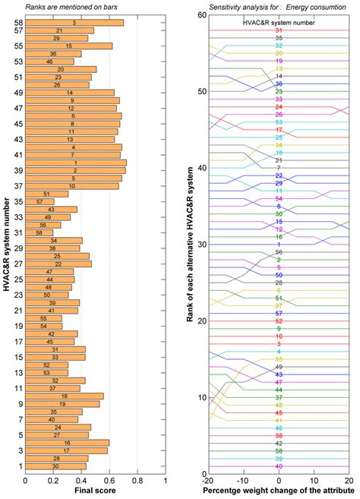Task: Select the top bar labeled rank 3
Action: click(74, 23)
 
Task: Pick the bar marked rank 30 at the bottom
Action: click(56, 466)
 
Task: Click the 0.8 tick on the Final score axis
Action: click(137, 480)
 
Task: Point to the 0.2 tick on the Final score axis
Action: click(54, 480)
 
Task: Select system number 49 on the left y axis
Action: click(17, 93)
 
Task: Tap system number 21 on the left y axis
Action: click(17, 310)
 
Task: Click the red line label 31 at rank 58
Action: click(279, 30)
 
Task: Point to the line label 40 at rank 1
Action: click(279, 466)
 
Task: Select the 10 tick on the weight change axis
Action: click(314, 482)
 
